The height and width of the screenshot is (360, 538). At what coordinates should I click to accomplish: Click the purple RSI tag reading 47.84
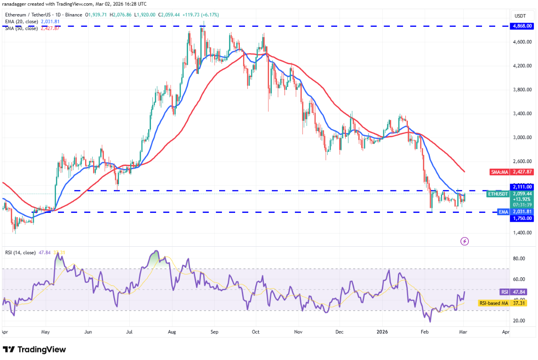pos(505,292)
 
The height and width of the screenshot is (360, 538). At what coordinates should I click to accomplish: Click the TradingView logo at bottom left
pos(34,350)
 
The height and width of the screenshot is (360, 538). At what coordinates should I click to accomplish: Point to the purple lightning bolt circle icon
pos(465,241)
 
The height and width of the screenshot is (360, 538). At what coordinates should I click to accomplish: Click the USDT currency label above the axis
pos(520,16)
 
